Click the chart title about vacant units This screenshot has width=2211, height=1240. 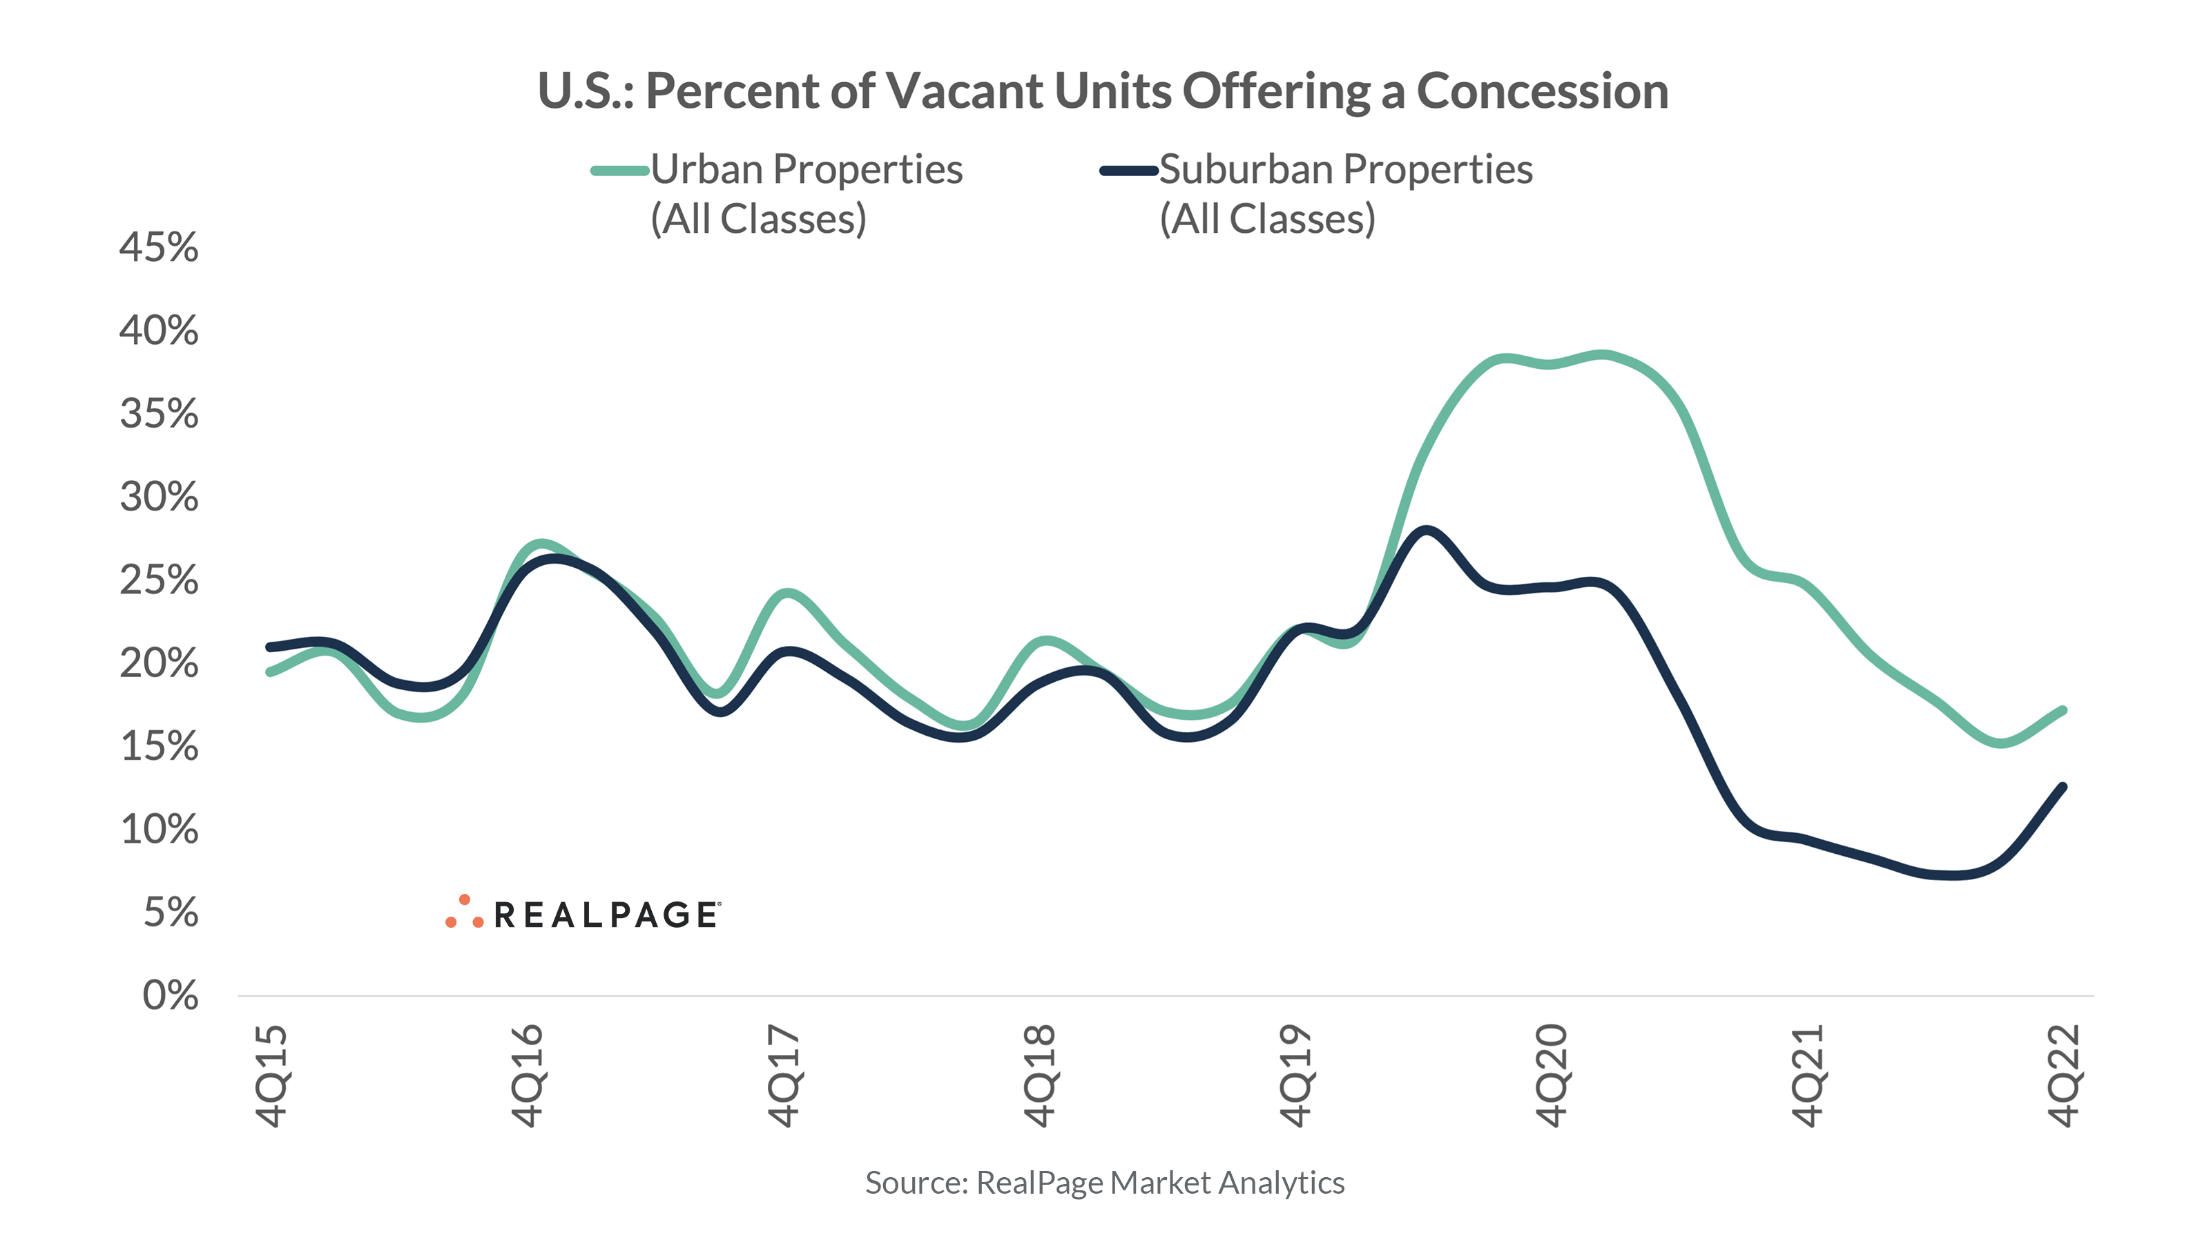coord(1103,91)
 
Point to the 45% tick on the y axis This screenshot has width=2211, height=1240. coord(159,247)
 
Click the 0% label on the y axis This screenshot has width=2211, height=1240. coord(170,995)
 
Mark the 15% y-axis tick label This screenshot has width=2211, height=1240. coord(159,746)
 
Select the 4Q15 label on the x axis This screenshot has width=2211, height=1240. coord(271,1075)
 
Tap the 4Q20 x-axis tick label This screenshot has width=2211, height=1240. coord(1552,1075)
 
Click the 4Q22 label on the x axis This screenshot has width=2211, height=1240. coord(2064,1075)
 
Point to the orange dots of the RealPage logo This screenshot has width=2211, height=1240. coord(464,913)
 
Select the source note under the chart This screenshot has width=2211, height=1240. coord(1105,1183)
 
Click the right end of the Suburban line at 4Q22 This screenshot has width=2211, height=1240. coord(2063,787)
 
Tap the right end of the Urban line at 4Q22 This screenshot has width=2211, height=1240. coord(2063,711)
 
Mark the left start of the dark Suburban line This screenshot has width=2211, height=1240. coord(271,647)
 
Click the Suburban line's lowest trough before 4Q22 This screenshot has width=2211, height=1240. coord(1953,876)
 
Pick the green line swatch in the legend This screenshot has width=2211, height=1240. coord(619,170)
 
